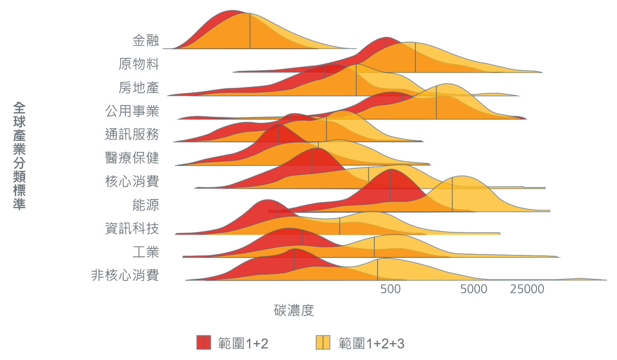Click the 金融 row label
tap(145, 41)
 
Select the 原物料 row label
tap(139, 64)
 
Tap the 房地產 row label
tap(139, 88)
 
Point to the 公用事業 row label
tap(132, 111)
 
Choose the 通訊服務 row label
tap(132, 134)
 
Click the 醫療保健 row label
tap(132, 158)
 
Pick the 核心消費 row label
tap(132, 181)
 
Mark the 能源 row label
tap(145, 205)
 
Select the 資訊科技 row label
tap(132, 229)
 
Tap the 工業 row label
tap(145, 252)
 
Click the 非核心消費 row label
tap(125, 275)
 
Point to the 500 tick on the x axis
tap(390, 289)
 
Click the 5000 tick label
tap(474, 289)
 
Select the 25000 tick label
tap(527, 289)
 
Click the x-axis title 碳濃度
tap(294, 310)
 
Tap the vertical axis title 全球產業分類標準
tap(19, 156)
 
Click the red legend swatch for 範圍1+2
tap(204, 343)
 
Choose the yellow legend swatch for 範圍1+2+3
tap(323, 343)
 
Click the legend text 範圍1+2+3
tap(371, 343)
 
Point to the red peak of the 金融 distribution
tap(233, 11)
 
